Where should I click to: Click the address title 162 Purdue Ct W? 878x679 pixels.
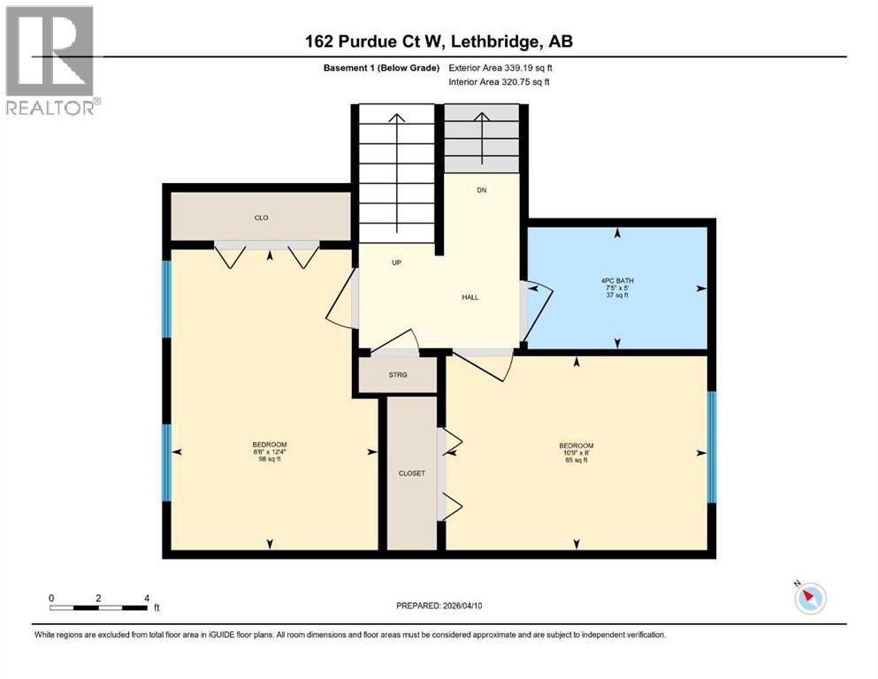(439, 42)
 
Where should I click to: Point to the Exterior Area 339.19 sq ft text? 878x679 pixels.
(500, 67)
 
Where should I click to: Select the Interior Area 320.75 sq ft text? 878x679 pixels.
(500, 81)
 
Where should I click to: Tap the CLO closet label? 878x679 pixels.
(261, 217)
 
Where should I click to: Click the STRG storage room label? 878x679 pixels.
(398, 375)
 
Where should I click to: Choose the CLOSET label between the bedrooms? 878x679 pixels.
(412, 473)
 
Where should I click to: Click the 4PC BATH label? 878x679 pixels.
(617, 281)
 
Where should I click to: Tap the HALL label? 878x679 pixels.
(470, 297)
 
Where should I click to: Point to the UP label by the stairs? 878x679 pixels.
(397, 263)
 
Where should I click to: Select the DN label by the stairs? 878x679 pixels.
(481, 190)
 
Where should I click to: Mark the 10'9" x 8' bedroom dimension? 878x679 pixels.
(576, 453)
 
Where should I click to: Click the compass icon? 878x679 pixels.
(809, 598)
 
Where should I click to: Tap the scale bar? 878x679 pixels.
(98, 607)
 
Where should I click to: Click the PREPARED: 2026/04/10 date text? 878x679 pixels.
(439, 606)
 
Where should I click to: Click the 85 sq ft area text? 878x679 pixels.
(576, 461)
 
